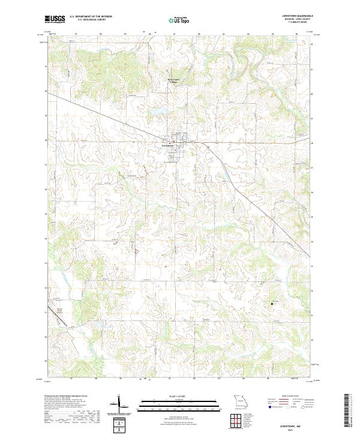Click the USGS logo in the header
pyautogui.click(x=55, y=19)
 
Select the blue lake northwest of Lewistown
pyautogui.click(x=157, y=112)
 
